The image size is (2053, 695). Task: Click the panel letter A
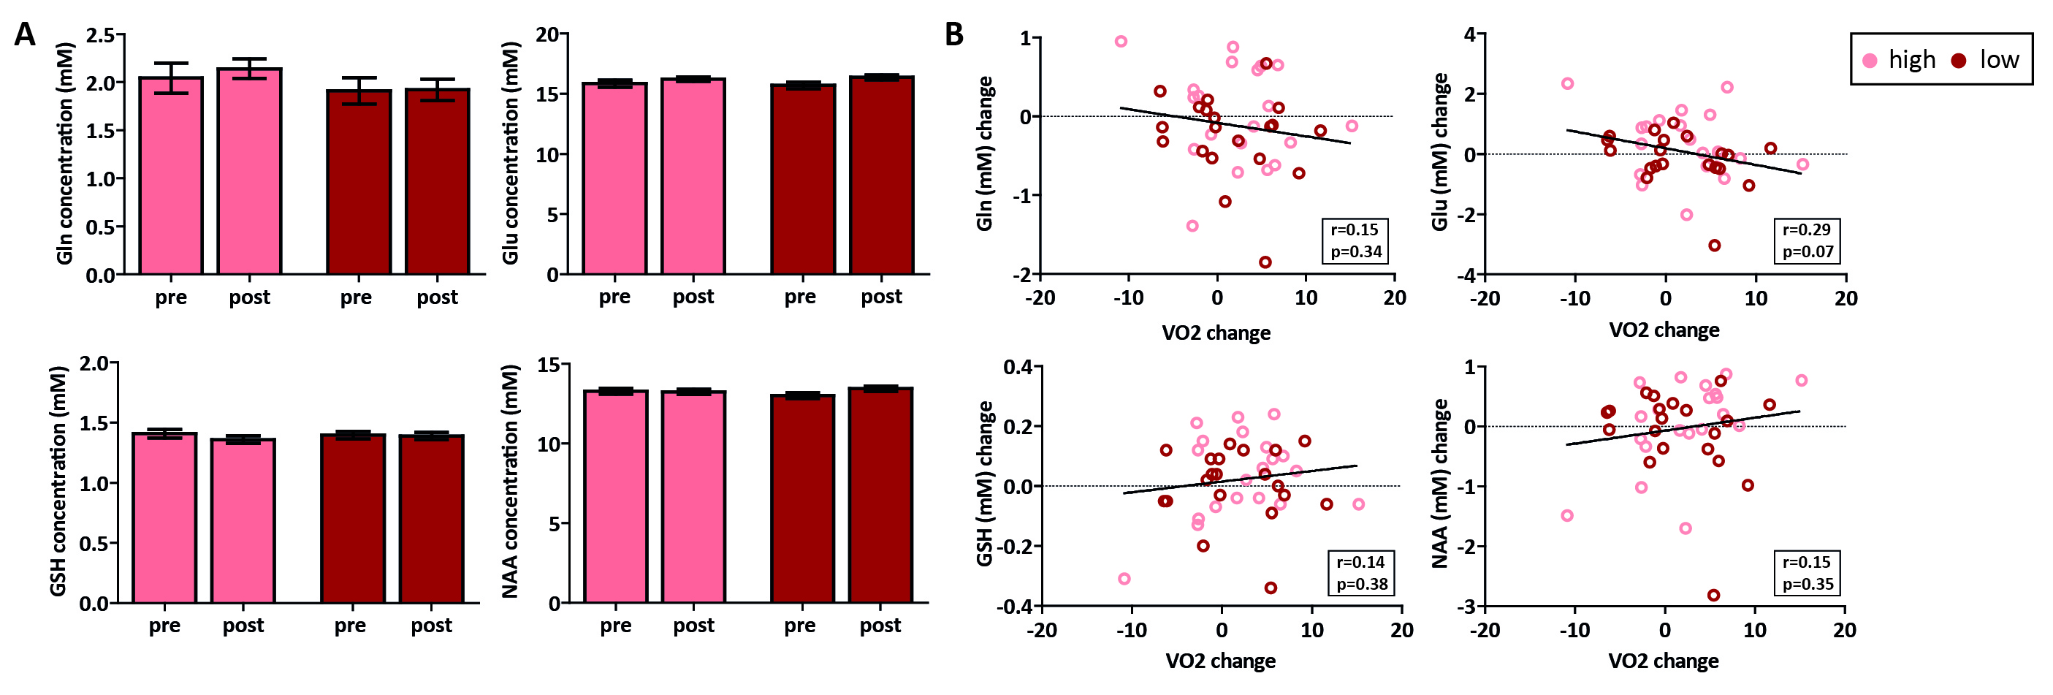point(25,35)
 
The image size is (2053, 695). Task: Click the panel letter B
point(953,35)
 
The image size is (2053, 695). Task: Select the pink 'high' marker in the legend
point(1870,60)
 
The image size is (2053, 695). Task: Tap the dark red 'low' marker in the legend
point(1959,60)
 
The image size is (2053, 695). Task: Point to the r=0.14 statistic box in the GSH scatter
point(1361,573)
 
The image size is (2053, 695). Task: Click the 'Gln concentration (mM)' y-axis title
point(65,153)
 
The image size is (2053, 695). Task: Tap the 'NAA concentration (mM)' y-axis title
point(510,482)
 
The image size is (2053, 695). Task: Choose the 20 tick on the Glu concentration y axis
point(546,34)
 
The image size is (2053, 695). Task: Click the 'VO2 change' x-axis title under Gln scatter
point(1216,333)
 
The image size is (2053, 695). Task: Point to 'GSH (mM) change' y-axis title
point(985,484)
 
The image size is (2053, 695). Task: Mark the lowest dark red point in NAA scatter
point(1713,596)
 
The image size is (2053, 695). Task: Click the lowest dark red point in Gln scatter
point(1265,262)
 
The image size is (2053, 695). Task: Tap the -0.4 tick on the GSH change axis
point(1014,607)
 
